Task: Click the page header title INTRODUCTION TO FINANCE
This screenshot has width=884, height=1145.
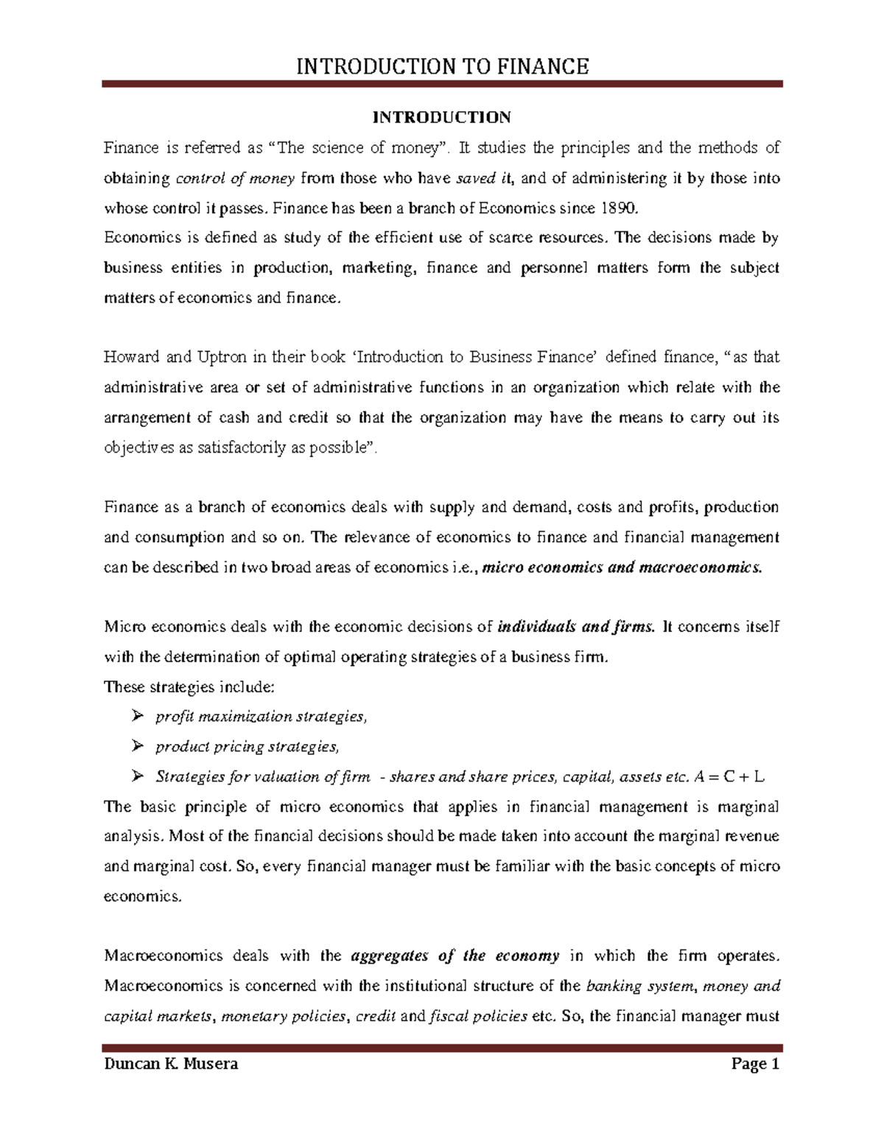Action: [442, 67]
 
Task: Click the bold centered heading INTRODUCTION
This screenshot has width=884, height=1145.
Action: [442, 117]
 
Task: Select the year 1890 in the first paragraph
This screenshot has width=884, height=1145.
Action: [617, 208]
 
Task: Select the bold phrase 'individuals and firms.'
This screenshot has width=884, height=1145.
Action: [576, 627]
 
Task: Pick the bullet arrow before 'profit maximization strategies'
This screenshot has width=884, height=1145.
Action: [136, 716]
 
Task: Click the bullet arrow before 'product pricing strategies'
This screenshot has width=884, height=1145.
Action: [136, 746]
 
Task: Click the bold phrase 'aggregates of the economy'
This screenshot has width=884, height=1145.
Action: [455, 956]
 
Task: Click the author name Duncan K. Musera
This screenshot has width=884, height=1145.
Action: [171, 1064]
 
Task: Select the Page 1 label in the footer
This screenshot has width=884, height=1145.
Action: [754, 1064]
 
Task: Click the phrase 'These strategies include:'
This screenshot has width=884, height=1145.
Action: [189, 686]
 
